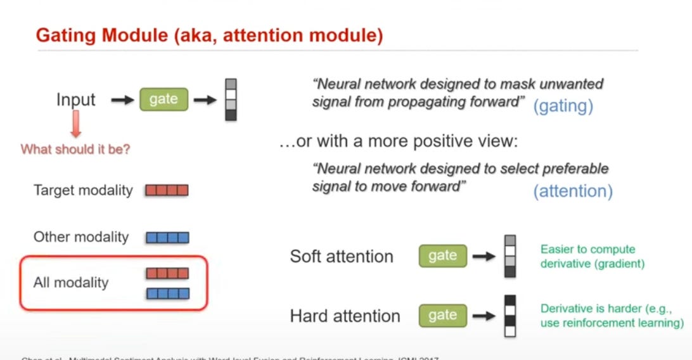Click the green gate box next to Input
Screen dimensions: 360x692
tap(163, 100)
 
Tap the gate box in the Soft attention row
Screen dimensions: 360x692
tap(442, 255)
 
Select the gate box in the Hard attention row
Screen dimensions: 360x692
tap(442, 315)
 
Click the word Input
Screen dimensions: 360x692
tap(76, 100)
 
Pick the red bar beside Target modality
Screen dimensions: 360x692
tap(167, 190)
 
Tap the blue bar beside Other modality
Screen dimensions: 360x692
tap(167, 238)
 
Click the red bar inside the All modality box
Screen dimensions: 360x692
tap(167, 273)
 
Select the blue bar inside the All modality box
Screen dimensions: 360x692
tap(167, 293)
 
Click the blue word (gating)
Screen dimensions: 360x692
tap(563, 106)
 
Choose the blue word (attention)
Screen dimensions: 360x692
tap(573, 191)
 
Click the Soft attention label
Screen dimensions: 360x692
tap(342, 256)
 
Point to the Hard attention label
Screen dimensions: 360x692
tap(345, 316)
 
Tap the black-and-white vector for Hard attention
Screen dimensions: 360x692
tap(510, 315)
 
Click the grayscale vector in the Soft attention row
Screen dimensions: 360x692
tap(510, 256)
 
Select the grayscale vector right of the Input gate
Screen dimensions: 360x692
tap(231, 100)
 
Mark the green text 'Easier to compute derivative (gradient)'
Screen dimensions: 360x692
tap(592, 256)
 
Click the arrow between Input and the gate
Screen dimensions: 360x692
tap(121, 100)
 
